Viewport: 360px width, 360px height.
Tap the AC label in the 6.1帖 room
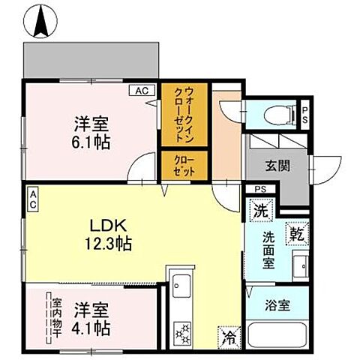140,91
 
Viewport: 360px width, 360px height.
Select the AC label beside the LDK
33,199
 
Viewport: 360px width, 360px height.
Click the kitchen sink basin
181,286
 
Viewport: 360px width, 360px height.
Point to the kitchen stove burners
181,329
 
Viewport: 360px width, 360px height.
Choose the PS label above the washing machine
260,189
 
